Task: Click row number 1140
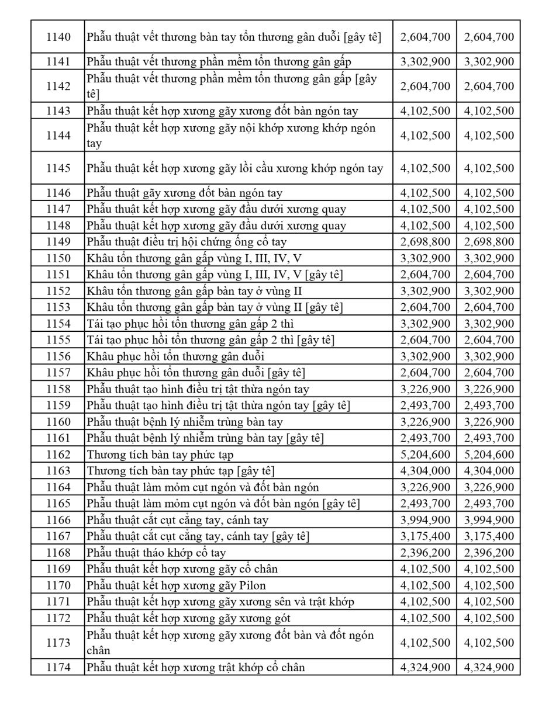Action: [x=58, y=37]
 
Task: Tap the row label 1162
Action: [x=58, y=454]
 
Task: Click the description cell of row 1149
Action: [x=187, y=242]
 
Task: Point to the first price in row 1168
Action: [x=425, y=553]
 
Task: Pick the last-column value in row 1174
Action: [x=489, y=667]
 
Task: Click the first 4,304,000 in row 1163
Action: [x=425, y=471]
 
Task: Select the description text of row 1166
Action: [x=178, y=520]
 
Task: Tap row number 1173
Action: [x=58, y=643]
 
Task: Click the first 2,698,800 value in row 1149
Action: [x=425, y=242]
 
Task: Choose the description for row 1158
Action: [x=198, y=389]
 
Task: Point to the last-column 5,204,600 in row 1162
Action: [x=489, y=454]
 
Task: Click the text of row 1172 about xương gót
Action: [x=188, y=618]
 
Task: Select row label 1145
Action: [x=58, y=168]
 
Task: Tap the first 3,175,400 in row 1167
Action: [x=425, y=536]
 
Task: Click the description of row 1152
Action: [x=194, y=291]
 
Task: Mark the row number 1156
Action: [x=58, y=356]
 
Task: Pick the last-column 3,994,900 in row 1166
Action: [x=489, y=520]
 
